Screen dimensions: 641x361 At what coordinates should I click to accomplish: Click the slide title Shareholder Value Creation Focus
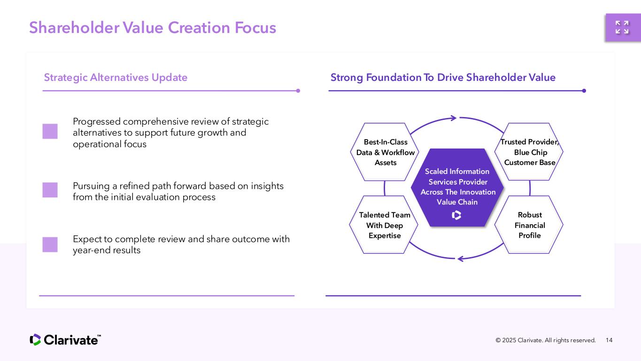153,28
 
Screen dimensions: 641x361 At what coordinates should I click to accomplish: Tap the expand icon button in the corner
622,27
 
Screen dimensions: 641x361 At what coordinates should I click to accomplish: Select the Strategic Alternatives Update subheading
116,78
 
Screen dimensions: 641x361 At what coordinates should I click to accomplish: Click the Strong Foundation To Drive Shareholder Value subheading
443,78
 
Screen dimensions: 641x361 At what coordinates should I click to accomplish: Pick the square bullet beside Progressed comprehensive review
50,131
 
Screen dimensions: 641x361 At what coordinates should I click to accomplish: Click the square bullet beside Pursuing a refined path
50,190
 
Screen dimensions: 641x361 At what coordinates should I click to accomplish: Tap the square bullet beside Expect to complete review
50,244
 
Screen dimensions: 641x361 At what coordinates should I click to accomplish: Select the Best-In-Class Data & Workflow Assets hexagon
385,152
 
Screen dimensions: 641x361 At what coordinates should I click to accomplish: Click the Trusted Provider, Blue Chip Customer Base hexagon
529,152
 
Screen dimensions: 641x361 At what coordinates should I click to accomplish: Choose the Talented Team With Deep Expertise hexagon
385,225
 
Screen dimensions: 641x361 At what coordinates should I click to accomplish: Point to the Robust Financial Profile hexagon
529,225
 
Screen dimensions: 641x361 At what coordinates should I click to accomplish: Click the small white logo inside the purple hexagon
456,215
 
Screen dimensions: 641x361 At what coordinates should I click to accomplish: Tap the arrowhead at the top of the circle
453,118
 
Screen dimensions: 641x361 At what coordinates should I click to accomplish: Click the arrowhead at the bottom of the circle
461,258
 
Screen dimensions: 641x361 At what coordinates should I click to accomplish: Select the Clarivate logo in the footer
65,340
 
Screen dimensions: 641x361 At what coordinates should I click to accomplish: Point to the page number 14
610,340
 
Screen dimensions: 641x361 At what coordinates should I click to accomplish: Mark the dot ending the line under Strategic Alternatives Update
298,91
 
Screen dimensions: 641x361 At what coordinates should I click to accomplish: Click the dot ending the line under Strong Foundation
584,91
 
